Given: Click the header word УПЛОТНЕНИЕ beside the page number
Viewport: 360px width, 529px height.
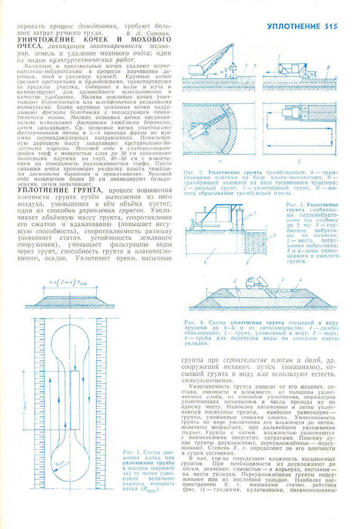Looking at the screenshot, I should (x=293, y=26).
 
